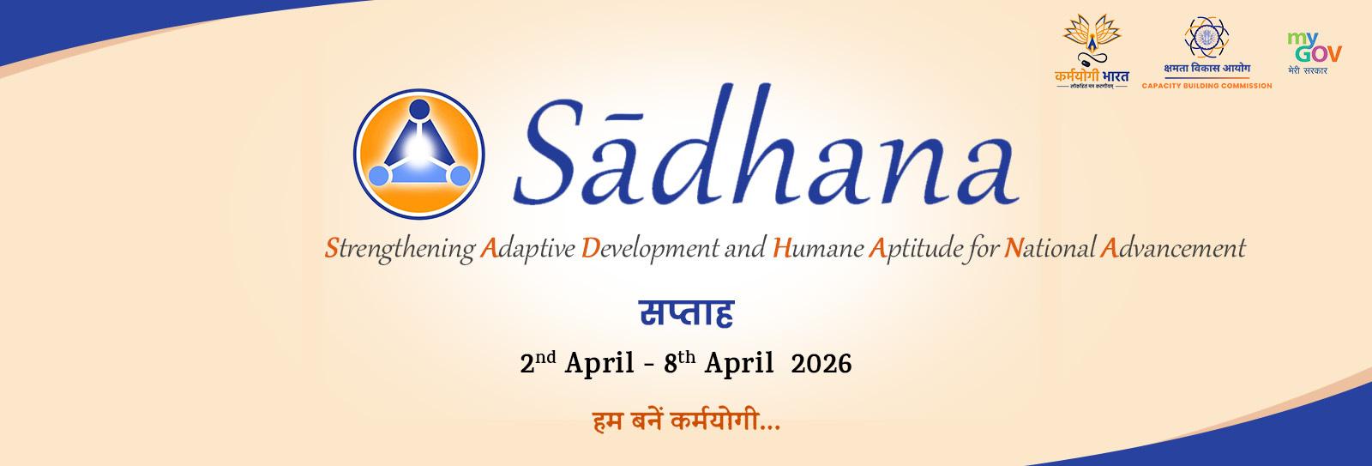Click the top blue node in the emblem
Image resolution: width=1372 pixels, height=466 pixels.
pos(419,110)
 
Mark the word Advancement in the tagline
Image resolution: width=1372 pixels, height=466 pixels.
pos(1172,250)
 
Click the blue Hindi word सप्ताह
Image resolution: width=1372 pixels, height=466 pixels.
pos(686,314)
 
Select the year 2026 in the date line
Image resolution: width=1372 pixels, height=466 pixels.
pos(821,364)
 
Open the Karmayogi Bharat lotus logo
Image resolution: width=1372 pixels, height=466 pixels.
pos(1092,54)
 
